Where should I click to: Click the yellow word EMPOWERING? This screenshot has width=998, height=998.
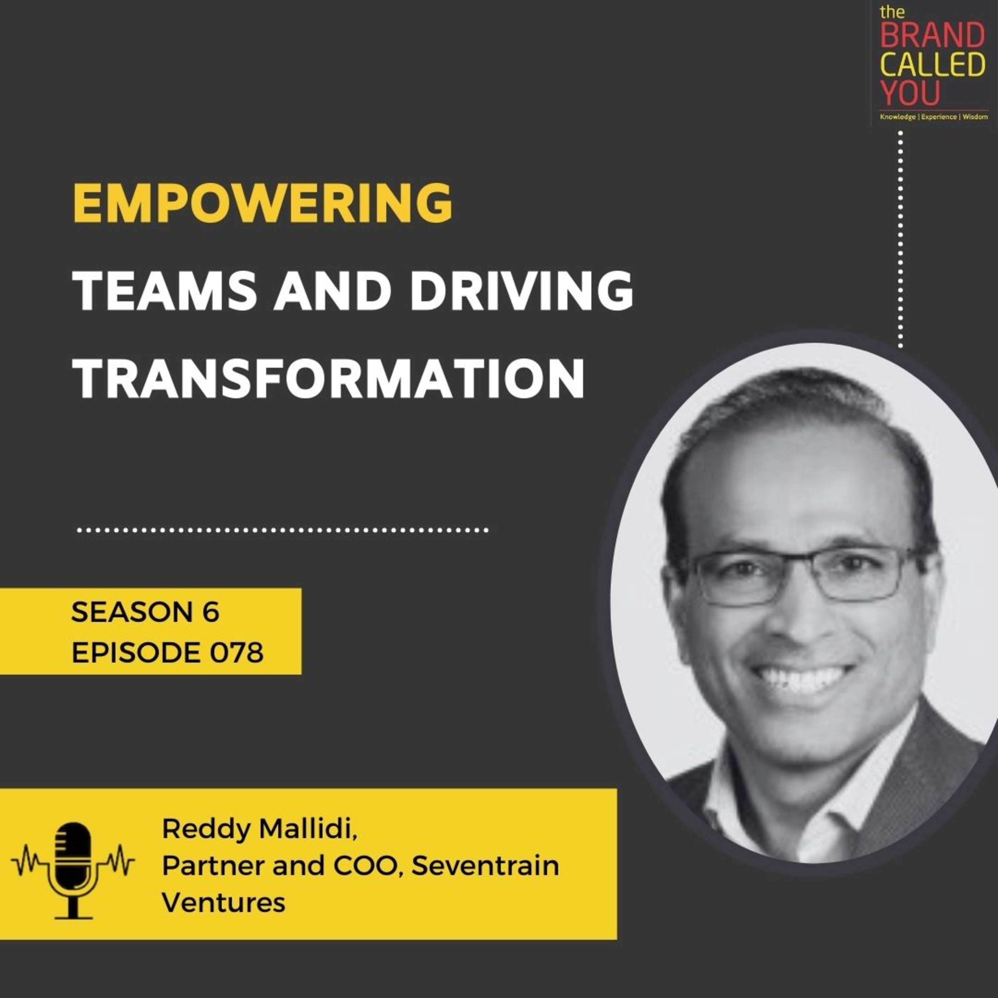[x=262, y=203]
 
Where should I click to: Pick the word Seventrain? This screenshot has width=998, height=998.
[x=485, y=866]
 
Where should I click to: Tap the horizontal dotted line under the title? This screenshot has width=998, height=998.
[x=282, y=530]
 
